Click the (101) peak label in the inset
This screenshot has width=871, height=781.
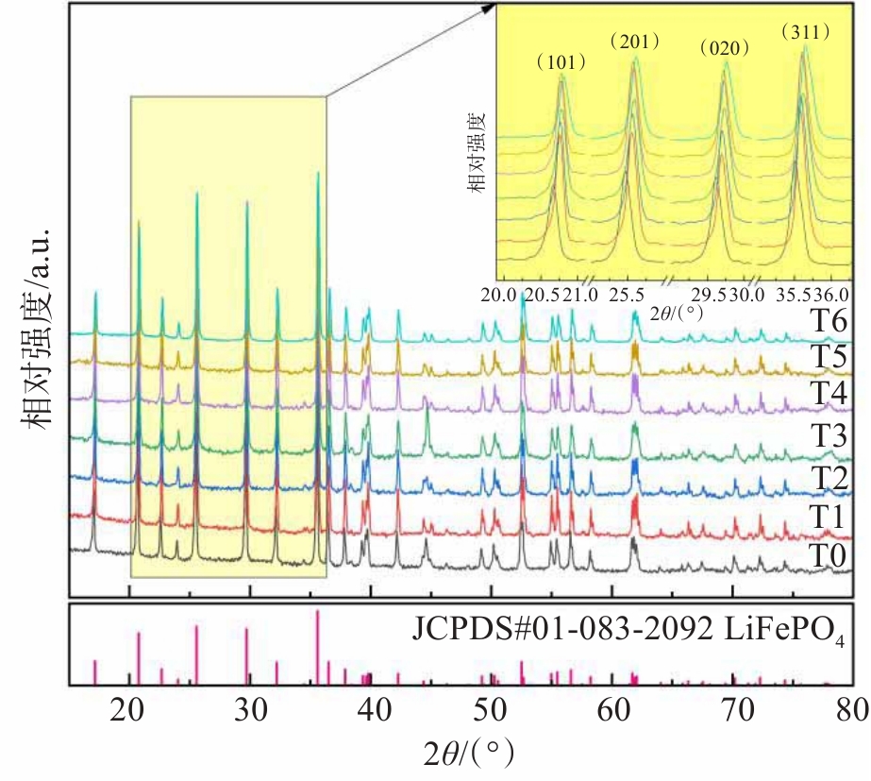click(x=561, y=63)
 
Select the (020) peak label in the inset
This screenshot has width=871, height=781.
click(x=724, y=48)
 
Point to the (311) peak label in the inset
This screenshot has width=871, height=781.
click(x=805, y=32)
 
